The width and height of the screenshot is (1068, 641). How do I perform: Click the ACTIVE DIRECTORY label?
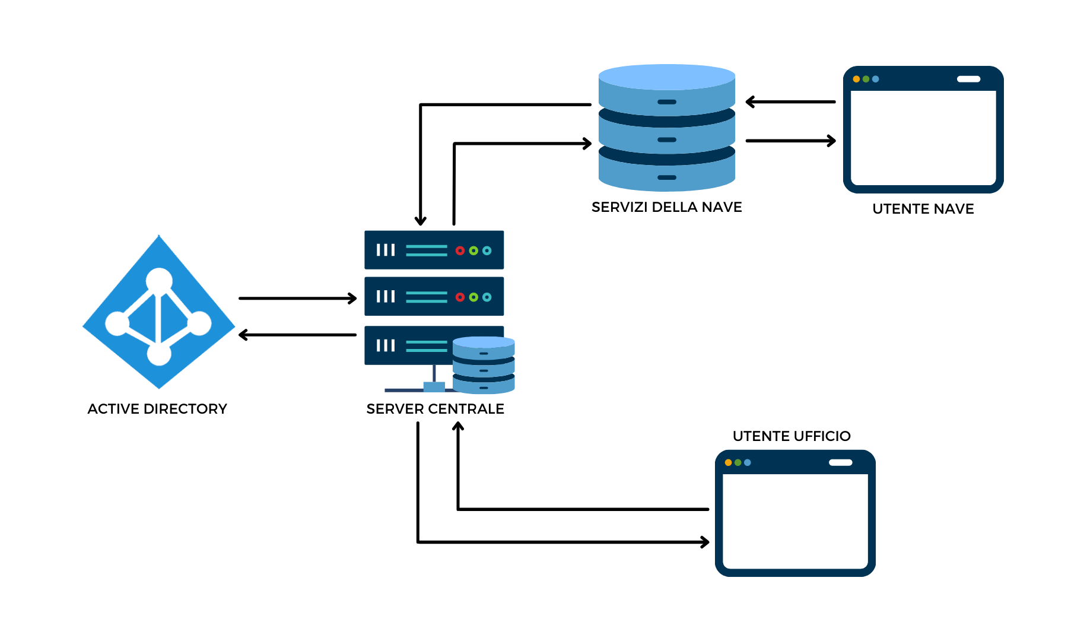point(157,409)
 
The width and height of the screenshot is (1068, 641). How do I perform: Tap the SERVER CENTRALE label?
point(435,409)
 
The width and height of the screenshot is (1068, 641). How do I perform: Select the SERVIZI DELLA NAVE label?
point(667,207)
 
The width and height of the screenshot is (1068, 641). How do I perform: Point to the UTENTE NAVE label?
point(923,209)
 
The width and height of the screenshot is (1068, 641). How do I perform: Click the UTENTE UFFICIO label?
point(792,436)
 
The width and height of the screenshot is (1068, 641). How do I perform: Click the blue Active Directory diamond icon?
point(159,312)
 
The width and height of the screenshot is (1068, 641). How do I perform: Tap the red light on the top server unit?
point(460,250)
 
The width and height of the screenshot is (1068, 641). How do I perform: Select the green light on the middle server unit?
point(473,297)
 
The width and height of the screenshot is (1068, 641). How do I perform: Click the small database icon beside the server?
point(484,365)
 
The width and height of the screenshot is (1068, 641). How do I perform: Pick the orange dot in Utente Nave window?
point(856,79)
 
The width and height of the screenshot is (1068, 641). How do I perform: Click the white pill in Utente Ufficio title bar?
point(840,462)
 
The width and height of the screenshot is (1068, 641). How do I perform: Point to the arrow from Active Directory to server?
point(297,298)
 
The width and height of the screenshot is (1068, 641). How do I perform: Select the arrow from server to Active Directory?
point(297,335)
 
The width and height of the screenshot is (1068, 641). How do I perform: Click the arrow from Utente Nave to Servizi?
point(790,102)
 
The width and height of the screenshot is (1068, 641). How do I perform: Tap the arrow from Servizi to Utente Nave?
point(790,141)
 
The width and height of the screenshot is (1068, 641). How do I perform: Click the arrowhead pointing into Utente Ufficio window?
point(705,542)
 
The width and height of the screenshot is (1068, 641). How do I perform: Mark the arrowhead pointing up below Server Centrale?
point(458,426)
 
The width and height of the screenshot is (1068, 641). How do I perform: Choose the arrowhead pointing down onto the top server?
point(421,221)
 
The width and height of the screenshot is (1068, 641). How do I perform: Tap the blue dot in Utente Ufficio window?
point(748,462)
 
